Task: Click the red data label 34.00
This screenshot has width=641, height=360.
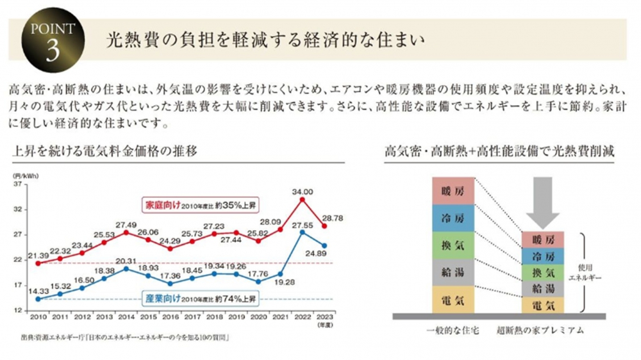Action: point(303,191)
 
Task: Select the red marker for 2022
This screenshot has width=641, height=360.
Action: point(303,199)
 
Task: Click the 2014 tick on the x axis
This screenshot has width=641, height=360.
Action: point(126,316)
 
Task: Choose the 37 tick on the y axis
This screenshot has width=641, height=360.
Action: point(17,184)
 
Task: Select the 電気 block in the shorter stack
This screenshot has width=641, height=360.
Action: point(543,306)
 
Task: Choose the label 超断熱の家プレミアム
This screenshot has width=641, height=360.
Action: point(540,331)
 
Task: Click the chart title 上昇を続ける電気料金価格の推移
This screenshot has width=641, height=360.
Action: point(103,151)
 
